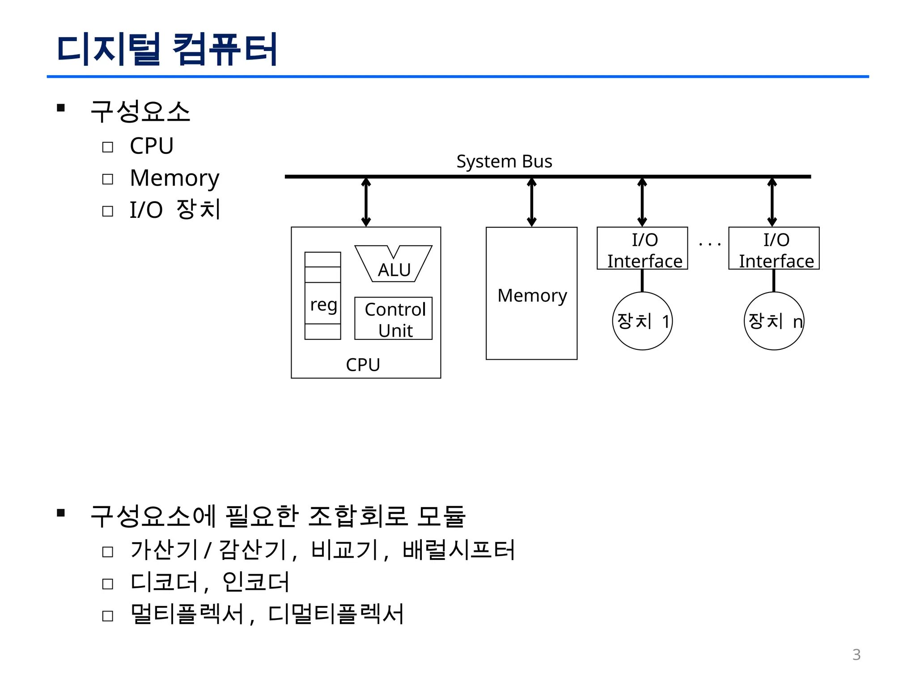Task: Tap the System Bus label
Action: pyautogui.click(x=504, y=161)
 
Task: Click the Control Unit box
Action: pyautogui.click(x=394, y=319)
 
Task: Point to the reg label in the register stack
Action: pyautogui.click(x=323, y=305)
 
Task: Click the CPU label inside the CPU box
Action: pyautogui.click(x=363, y=365)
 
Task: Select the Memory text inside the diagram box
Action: pyautogui.click(x=532, y=296)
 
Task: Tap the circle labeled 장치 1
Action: pyautogui.click(x=642, y=321)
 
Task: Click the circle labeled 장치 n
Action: pyautogui.click(x=774, y=321)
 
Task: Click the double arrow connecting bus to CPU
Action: pyautogui.click(x=366, y=202)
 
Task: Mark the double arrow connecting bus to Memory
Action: pyautogui.click(x=531, y=202)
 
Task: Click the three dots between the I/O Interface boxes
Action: pyautogui.click(x=709, y=244)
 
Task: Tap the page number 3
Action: pyautogui.click(x=856, y=655)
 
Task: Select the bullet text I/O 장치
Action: pyautogui.click(x=175, y=209)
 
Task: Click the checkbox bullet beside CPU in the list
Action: pyautogui.click(x=108, y=147)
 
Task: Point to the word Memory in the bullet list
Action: pyautogui.click(x=174, y=178)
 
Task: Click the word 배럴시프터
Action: pyautogui.click(x=458, y=550)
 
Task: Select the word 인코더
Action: pyautogui.click(x=255, y=582)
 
